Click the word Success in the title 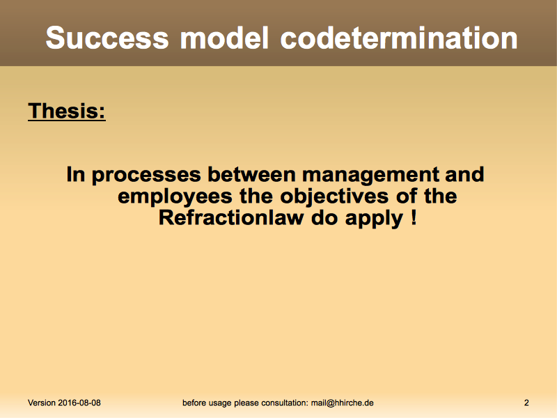pos(107,38)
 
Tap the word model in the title pos(224,38)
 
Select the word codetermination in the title pos(398,38)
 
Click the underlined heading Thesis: pos(67,111)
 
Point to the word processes pos(146,176)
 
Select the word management pos(370,176)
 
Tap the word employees pos(175,197)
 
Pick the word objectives pos(334,197)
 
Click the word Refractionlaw pos(231,217)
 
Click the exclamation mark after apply pos(414,217)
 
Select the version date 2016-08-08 pos(79,403)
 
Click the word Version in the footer pos(42,403)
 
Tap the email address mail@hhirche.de pos(342,403)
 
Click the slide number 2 pos(526,403)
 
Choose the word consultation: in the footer pos(285,403)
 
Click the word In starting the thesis pos(76,174)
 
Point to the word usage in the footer pos(220,403)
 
